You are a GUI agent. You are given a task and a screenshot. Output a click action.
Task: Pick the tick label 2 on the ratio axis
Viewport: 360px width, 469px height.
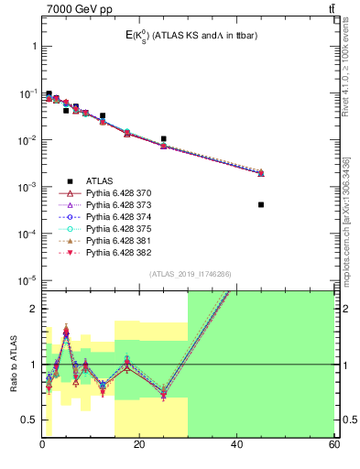pos(33,309)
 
